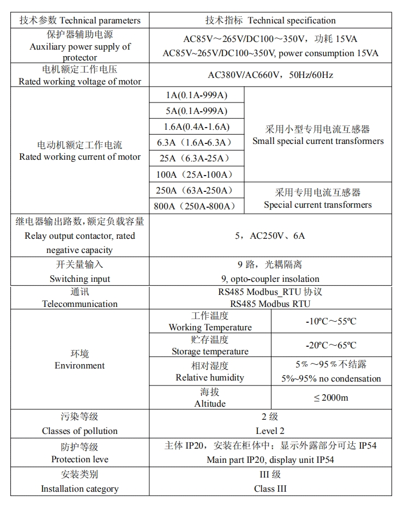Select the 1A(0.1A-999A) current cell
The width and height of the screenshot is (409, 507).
(197, 95)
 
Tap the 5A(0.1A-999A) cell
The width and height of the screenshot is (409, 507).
(197, 111)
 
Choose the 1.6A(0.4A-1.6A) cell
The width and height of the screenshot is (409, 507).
(197, 127)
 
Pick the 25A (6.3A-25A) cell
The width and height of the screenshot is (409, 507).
(197, 159)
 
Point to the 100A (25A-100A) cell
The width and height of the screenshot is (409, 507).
(197, 174)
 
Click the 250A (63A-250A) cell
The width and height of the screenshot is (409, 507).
(197, 190)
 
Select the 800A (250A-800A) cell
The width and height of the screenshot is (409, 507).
(197, 206)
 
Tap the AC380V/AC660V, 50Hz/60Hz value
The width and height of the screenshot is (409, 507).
(270, 75)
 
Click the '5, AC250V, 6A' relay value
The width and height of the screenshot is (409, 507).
(270, 236)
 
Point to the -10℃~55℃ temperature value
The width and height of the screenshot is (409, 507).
(331, 321)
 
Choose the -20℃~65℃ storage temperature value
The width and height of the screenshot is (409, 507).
(331, 345)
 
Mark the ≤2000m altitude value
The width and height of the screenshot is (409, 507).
(331, 397)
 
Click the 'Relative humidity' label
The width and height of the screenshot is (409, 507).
(210, 377)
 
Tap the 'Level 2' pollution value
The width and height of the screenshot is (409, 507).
(270, 431)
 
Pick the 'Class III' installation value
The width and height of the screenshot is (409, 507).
(270, 488)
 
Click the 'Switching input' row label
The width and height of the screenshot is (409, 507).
(80, 279)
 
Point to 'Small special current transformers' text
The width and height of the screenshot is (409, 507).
(318, 141)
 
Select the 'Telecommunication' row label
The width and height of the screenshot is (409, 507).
(80, 304)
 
